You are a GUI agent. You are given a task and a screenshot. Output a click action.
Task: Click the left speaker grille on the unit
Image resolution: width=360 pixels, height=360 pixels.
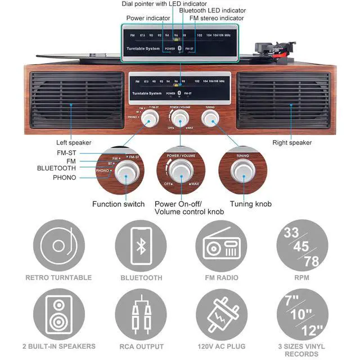coord(76,100)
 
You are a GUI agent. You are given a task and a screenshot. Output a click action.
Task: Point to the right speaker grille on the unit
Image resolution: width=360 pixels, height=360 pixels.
coord(284,100)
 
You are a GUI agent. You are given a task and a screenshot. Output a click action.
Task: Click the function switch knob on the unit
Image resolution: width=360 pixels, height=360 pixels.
coord(150,118)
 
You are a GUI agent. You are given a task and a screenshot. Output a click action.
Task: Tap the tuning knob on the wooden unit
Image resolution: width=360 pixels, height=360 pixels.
coord(210,117)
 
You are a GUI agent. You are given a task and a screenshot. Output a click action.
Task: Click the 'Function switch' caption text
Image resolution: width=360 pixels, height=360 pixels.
coord(118,204)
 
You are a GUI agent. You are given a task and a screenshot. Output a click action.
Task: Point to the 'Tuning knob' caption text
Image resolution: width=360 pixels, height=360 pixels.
coord(250,204)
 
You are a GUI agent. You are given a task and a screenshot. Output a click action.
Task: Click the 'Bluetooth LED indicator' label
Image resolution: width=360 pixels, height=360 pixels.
coord(212,11)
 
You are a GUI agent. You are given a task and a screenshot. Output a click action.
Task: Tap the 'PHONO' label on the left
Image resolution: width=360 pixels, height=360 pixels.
coord(64,178)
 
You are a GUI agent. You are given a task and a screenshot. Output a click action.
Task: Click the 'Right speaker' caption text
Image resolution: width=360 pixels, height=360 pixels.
coord(292,143)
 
